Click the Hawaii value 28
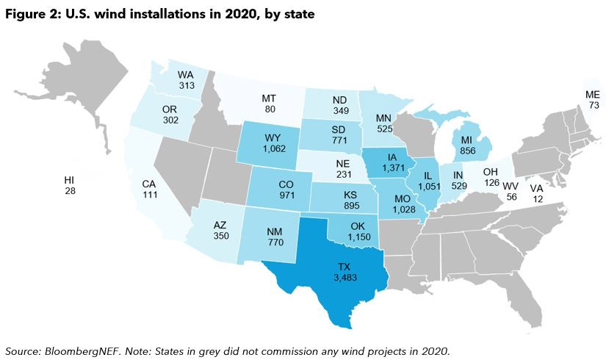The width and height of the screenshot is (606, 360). click(70, 191)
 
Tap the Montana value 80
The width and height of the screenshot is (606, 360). click(270, 109)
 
